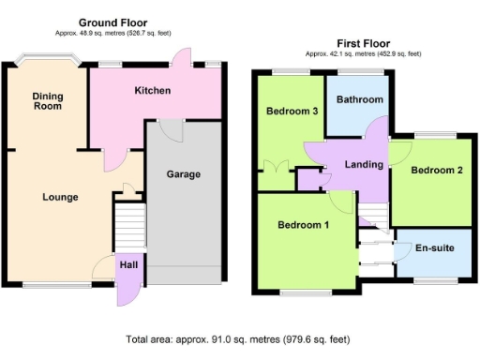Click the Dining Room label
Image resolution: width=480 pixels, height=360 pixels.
(47, 100)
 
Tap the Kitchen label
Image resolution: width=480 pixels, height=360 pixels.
(152, 91)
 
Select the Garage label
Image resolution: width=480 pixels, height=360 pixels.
(182, 174)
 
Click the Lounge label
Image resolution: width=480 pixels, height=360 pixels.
(59, 197)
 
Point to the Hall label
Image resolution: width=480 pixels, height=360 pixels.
(129, 265)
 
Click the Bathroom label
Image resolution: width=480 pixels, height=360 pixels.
(360, 99)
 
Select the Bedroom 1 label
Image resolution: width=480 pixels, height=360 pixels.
(303, 225)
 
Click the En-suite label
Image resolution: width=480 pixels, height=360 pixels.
(436, 250)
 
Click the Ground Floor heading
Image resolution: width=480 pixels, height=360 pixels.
(112, 22)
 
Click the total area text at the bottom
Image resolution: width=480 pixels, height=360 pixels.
(239, 338)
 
